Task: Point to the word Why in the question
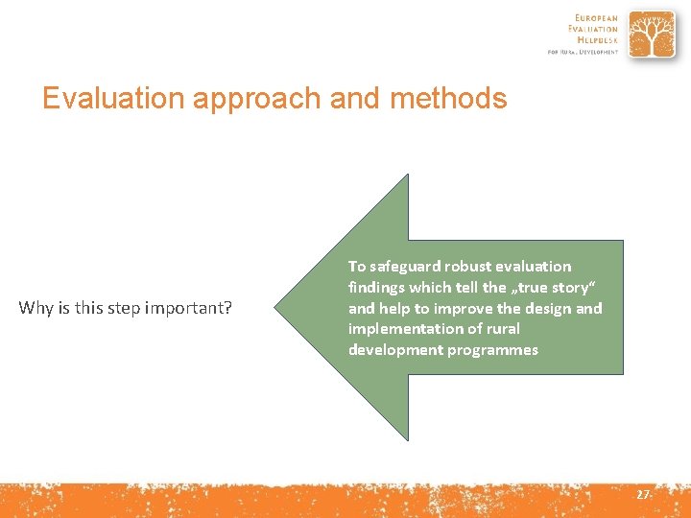37,308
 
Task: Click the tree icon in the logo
653,35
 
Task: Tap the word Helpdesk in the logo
597,40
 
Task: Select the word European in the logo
596,18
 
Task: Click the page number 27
642,495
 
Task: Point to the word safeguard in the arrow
406,267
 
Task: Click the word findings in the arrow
378,288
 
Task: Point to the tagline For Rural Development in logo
583,52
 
